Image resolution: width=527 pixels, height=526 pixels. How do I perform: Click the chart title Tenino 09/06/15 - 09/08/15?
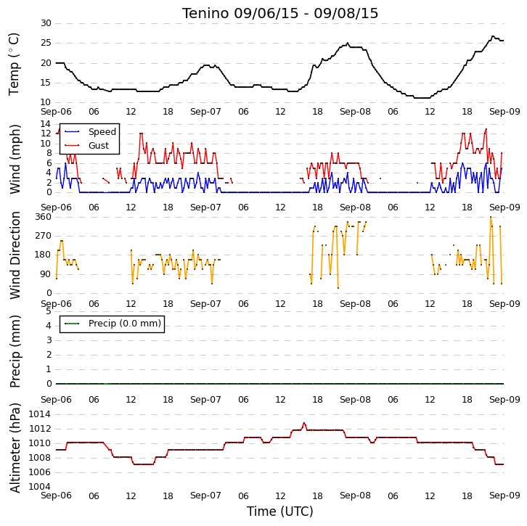pyautogui.click(x=280, y=14)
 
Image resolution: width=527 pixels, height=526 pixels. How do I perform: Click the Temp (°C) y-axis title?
pyautogui.click(x=14, y=64)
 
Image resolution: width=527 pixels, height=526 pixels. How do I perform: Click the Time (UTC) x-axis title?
pyautogui.click(x=280, y=511)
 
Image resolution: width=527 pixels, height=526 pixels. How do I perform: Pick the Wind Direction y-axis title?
pyautogui.click(x=15, y=255)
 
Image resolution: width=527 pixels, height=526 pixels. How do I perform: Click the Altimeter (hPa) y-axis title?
pyautogui.click(x=15, y=448)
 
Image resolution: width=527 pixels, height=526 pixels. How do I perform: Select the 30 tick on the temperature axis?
pyautogui.click(x=46, y=23)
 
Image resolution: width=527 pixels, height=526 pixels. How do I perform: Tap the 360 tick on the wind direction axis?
pyautogui.click(x=44, y=217)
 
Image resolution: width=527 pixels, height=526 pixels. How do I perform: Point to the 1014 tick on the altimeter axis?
pyautogui.click(x=40, y=414)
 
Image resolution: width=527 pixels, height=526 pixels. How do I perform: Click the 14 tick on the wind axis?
pyautogui.click(x=46, y=124)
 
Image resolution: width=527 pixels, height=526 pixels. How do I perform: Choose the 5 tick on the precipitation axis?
pyautogui.click(x=49, y=311)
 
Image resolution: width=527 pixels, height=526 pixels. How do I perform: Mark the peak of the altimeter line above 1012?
pyautogui.click(x=304, y=423)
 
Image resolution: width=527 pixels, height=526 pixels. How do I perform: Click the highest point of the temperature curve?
pyautogui.click(x=493, y=36)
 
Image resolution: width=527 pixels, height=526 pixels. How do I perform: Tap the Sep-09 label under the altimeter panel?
pyautogui.click(x=504, y=496)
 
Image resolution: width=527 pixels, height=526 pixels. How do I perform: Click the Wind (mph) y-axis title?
pyautogui.click(x=15, y=159)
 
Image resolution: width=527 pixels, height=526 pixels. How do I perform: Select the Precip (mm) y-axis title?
pyautogui.click(x=15, y=351)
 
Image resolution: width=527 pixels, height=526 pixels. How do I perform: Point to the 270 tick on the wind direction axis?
pyautogui.click(x=44, y=236)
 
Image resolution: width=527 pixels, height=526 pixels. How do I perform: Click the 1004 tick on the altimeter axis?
pyautogui.click(x=40, y=487)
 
